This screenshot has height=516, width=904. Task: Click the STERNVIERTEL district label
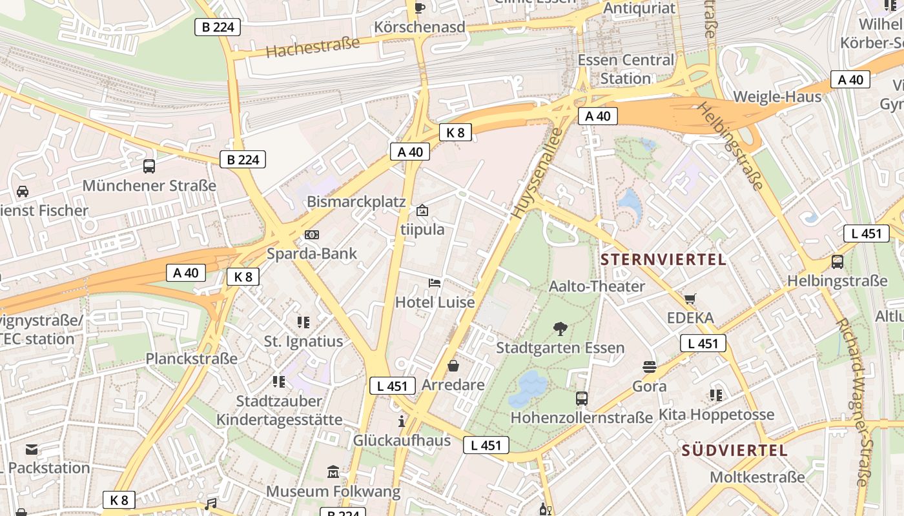point(663,260)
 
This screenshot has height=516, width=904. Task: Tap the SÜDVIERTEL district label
point(735,450)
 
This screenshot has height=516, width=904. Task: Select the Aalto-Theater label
point(597,286)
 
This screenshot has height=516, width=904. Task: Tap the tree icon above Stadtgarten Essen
point(560,329)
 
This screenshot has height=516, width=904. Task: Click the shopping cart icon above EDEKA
point(690,299)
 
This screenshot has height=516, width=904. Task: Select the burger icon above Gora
point(650,367)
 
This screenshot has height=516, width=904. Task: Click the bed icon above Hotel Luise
point(435,283)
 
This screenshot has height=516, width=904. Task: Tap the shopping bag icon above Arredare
point(453,366)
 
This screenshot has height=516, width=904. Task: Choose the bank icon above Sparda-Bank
point(312,234)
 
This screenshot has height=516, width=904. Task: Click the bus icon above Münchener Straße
point(149,166)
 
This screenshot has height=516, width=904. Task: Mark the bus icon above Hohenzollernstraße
point(582,399)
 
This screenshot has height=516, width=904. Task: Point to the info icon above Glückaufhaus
point(402,422)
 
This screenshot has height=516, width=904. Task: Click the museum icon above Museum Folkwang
point(333,472)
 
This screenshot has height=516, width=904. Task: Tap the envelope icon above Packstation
point(32,449)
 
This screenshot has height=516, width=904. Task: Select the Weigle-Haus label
point(777,97)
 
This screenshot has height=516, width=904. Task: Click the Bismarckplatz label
point(356,202)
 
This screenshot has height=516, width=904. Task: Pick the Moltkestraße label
point(757,477)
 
